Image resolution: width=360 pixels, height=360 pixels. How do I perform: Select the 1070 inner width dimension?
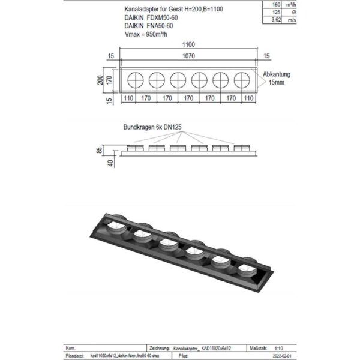pos(189,58)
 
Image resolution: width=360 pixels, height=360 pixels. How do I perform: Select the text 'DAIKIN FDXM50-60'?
pos(152,19)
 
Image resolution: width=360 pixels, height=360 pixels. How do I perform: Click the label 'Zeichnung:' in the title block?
pos(158,347)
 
